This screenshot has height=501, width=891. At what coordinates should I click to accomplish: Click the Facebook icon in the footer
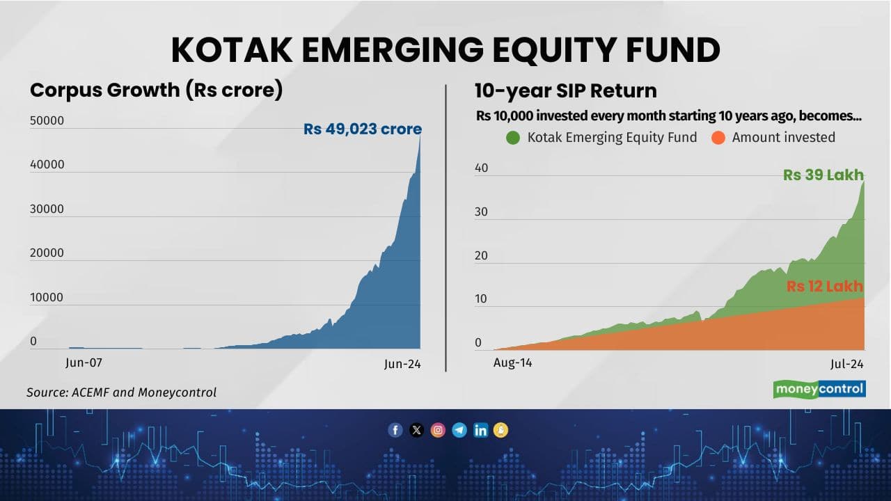pos(395,430)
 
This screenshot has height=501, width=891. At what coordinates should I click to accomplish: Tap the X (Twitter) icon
pos(416,430)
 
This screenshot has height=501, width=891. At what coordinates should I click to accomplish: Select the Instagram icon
pos(438,430)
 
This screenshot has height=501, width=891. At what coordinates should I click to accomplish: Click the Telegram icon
pos(459,430)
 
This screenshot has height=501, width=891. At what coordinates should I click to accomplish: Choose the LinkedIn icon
pos(480,430)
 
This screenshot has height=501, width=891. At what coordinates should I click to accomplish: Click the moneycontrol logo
pos(819,389)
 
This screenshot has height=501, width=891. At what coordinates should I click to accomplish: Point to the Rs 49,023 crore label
pos(362,129)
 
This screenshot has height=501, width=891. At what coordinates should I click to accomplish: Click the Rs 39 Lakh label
pos(823,175)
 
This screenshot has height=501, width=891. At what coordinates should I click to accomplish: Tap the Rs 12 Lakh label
pos(824,286)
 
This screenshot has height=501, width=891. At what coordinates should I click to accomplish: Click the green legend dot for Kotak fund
pos(513,138)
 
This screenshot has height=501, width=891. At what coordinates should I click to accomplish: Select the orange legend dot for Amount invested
pos(718,138)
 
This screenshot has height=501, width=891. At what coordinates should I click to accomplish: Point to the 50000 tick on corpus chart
pos(47,120)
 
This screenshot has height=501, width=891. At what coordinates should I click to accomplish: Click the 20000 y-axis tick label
pos(47,253)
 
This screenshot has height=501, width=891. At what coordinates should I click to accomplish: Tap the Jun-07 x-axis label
pos(84,362)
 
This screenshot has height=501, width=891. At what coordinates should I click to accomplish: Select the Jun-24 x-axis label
pos(403,364)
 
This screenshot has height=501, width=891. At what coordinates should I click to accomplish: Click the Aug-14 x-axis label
pos(512,363)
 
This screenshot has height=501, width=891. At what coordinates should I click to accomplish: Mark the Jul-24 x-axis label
pos(846,364)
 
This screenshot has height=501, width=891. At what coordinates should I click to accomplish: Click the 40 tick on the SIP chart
pos(482,168)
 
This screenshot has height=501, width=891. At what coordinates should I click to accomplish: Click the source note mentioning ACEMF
pos(121,392)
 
